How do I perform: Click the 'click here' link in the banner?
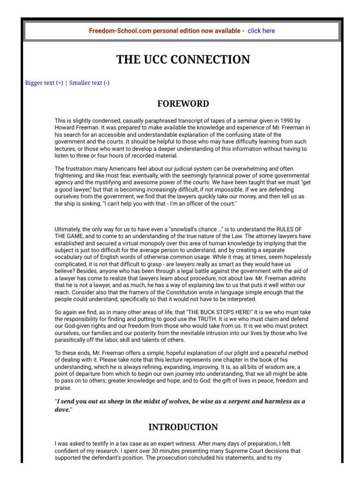(x=261, y=31)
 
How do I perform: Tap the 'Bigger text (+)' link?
(x=44, y=83)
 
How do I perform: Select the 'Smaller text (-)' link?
(x=90, y=83)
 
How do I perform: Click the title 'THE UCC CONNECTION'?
(x=183, y=60)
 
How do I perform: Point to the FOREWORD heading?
(x=183, y=104)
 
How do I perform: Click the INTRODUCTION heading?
(x=183, y=427)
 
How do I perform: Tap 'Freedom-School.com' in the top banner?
(x=117, y=31)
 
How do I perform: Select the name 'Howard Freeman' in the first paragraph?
(x=75, y=127)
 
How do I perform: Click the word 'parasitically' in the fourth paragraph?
(x=73, y=340)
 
